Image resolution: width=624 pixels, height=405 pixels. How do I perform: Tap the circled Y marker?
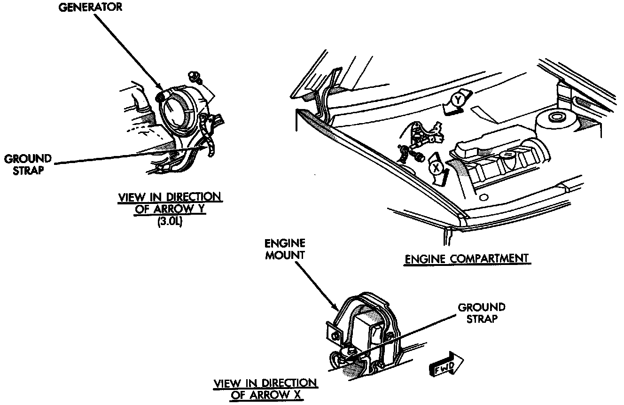[458, 100]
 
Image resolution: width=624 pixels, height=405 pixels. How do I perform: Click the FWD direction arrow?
[446, 365]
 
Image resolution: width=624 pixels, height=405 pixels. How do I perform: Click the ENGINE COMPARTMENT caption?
[467, 258]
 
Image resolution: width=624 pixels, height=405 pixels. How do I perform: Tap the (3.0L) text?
[169, 223]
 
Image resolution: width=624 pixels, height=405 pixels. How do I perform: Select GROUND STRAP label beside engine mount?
[481, 313]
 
